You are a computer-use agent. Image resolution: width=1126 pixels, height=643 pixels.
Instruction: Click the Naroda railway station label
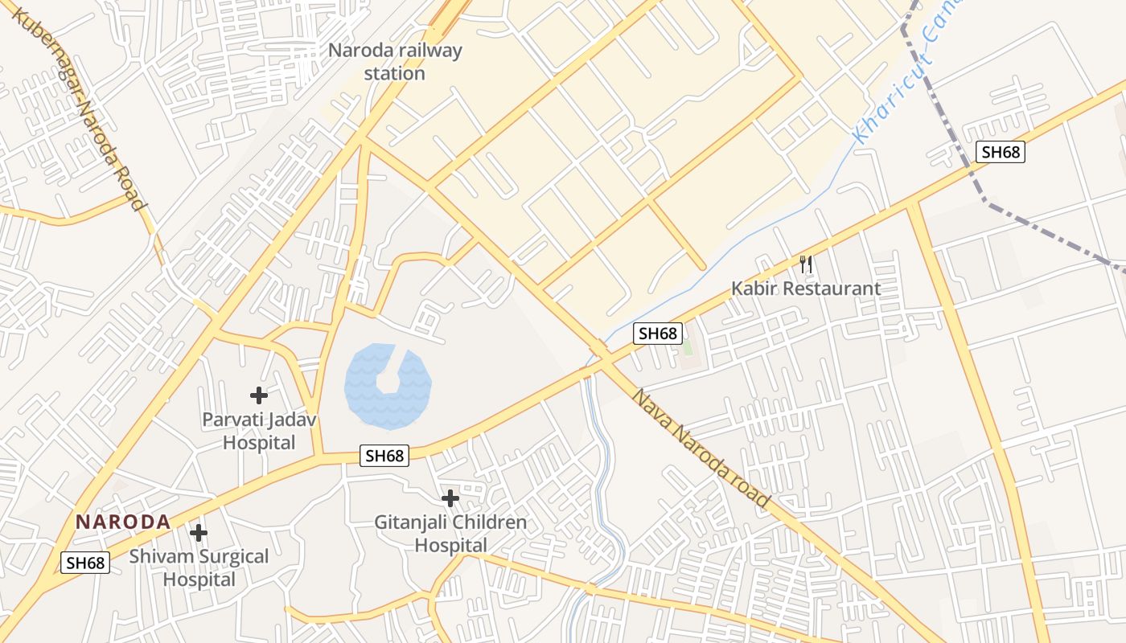[395, 62]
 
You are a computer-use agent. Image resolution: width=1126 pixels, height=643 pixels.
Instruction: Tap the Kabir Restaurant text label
[805, 288]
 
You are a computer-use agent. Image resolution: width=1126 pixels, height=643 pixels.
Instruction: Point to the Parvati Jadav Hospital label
[259, 431]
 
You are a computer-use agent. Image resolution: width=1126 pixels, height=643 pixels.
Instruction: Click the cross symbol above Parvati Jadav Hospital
[258, 395]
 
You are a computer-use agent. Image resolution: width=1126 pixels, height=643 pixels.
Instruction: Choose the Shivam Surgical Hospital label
[199, 567]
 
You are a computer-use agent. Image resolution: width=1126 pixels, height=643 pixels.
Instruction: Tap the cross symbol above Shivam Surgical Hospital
[198, 532]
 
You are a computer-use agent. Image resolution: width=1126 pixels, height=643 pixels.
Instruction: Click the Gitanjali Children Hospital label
[450, 534]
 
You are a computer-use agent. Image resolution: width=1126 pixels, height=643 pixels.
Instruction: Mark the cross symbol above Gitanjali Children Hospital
[450, 498]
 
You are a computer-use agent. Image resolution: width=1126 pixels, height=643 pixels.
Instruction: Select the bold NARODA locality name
[123, 522]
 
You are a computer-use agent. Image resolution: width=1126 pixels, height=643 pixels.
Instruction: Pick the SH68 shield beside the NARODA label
[86, 563]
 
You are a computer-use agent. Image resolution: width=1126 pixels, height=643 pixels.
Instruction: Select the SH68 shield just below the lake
[385, 456]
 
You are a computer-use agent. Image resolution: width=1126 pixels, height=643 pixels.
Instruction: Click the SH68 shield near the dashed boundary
[1001, 152]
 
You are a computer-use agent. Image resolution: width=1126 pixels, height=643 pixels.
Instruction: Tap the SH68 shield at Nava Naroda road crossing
[658, 334]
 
